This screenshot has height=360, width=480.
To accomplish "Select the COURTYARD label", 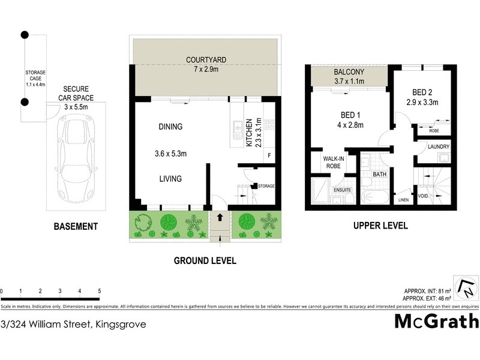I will (205, 65).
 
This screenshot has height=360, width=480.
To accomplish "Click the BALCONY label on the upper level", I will (349, 77).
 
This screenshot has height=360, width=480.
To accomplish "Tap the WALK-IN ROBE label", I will (334, 163).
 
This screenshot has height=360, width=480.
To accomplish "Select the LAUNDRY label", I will (437, 146).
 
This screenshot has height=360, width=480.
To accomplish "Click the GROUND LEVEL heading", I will (205, 261).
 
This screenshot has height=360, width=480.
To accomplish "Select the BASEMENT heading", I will (76, 226).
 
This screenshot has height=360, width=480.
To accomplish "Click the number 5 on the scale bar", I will (99, 292).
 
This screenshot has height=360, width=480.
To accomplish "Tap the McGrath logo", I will (436, 322).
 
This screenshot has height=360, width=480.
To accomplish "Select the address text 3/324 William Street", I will (73, 324).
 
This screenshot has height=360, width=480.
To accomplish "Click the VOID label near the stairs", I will (423, 195).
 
